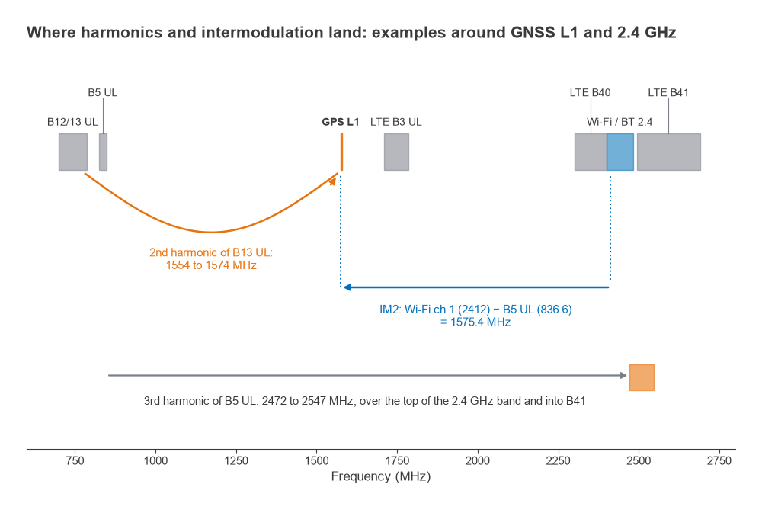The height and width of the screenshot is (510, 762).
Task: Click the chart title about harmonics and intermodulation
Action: click(x=351, y=33)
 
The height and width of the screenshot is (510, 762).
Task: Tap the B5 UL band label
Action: click(x=103, y=92)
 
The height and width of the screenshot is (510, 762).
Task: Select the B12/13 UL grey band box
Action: click(x=73, y=152)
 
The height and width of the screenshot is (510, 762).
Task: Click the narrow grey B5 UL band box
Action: click(x=103, y=152)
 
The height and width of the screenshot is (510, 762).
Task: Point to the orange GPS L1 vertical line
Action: click(x=341, y=152)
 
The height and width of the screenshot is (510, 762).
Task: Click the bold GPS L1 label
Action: click(x=340, y=122)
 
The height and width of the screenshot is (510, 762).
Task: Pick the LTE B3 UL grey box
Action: click(x=396, y=152)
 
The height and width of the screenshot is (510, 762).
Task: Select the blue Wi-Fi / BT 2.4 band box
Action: click(x=620, y=152)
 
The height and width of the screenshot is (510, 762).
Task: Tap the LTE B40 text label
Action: click(x=590, y=92)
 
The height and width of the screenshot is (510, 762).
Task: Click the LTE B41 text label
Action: click(x=668, y=92)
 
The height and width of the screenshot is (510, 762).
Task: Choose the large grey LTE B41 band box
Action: click(x=669, y=152)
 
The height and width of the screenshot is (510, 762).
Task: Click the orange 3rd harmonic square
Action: click(x=642, y=378)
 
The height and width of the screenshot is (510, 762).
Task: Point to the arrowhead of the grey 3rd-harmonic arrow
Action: click(x=623, y=375)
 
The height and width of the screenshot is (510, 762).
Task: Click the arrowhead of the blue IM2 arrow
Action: click(x=347, y=287)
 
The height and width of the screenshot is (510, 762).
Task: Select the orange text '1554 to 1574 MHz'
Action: click(x=211, y=265)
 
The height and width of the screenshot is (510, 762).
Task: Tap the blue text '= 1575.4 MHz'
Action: click(x=475, y=322)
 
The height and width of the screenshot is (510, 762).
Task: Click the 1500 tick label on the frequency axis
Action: click(x=316, y=461)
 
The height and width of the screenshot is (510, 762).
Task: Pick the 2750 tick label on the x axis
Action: click(x=719, y=461)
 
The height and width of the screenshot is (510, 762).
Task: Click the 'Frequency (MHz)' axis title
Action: click(x=381, y=476)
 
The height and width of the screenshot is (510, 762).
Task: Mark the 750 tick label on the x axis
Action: click(x=75, y=461)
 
